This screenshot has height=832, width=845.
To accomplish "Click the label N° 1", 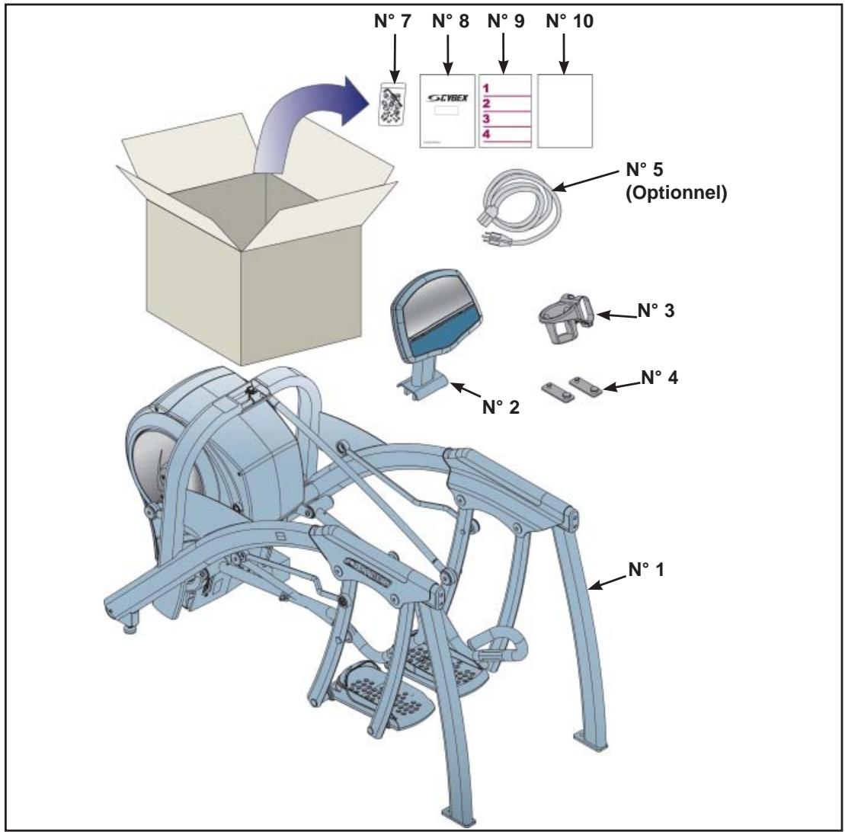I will (x=647, y=571).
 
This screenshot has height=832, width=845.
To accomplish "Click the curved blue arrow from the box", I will (x=305, y=122).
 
